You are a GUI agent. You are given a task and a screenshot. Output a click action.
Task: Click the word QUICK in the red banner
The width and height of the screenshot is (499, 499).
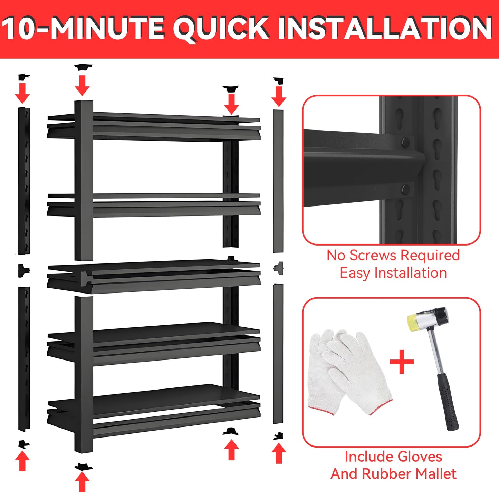tap(221, 28)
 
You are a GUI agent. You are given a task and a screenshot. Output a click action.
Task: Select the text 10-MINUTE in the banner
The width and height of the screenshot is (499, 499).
tap(83, 28)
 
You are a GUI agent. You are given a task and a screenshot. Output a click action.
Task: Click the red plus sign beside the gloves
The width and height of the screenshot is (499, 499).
tap(402, 362)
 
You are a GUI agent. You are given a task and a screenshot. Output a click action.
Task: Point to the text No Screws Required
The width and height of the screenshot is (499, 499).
tap(393, 256)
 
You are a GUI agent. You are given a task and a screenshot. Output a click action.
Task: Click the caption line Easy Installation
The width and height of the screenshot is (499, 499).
tap(393, 273)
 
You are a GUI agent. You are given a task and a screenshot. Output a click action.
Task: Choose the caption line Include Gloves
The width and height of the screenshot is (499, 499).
tap(393, 457)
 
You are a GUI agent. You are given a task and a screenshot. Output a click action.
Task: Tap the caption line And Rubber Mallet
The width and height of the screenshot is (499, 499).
tap(393, 474)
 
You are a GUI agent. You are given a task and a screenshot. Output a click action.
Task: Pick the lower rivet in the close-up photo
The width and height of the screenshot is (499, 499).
tap(405, 189)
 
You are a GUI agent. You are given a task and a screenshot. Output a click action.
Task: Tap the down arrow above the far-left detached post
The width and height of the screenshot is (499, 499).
tap(22, 93)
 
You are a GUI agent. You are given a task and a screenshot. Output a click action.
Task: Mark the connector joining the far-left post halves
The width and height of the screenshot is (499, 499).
tap(24, 270)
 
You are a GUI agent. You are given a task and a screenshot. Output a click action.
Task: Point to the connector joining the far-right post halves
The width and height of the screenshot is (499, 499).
tap(278, 268)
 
